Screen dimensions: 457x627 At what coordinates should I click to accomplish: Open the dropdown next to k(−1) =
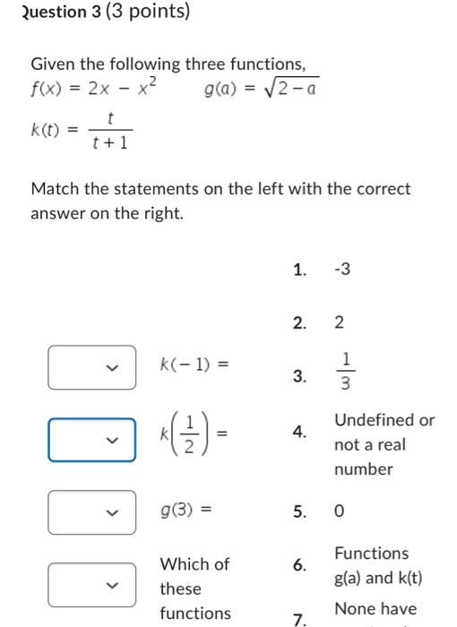tap(92, 367)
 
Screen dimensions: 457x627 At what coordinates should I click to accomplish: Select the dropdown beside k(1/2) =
tap(92, 440)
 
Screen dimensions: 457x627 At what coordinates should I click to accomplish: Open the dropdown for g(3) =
tap(92, 512)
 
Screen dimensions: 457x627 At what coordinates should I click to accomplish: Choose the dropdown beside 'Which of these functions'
tap(92, 584)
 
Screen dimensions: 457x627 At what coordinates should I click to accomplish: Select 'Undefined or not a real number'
tap(384, 444)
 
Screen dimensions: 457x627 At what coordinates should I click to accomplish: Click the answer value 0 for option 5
tap(340, 512)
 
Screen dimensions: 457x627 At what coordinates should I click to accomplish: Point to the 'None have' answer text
tap(375, 609)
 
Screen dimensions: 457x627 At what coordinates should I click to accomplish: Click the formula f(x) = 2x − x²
tap(94, 89)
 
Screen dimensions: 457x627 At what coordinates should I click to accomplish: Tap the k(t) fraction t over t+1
tap(110, 131)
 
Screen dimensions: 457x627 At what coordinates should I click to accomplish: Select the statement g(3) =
tap(186, 511)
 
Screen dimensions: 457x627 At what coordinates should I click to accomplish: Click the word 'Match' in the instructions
tap(53, 189)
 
